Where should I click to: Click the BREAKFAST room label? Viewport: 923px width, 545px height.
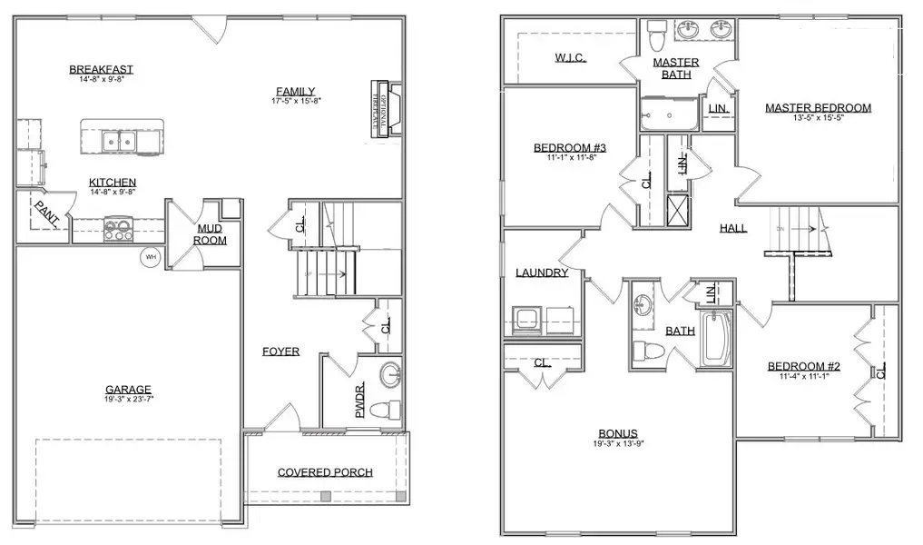[102, 69]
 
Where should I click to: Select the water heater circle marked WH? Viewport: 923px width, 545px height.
[150, 258]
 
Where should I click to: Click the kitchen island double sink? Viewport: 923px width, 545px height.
[119, 140]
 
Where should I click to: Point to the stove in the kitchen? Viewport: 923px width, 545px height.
[119, 228]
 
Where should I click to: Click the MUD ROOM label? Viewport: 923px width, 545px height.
[211, 234]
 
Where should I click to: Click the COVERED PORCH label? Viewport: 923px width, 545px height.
[325, 472]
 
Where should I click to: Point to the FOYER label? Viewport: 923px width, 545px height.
[281, 352]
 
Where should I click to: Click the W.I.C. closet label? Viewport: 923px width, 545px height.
[570, 57]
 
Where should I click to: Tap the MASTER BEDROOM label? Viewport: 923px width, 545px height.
[818, 107]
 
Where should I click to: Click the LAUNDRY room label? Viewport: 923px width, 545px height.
[542, 272]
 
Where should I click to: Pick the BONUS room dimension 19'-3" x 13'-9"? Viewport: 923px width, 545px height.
[617, 444]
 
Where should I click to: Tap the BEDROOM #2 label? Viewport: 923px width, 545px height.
[804, 367]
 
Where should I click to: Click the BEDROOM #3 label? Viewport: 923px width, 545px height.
[570, 148]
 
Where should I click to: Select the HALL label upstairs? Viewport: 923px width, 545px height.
[733, 228]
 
